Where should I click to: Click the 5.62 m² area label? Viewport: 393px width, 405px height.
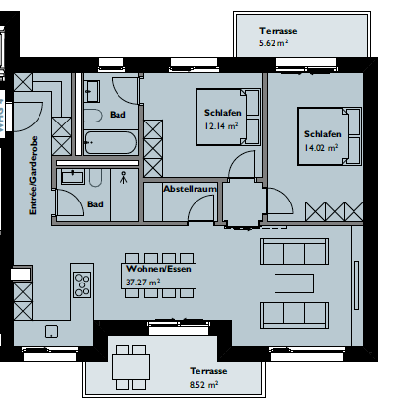274,43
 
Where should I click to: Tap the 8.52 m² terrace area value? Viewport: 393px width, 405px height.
204,384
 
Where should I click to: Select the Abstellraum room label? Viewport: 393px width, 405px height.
191,189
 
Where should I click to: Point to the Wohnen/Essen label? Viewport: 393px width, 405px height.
159,269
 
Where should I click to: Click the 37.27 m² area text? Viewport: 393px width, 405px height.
143,283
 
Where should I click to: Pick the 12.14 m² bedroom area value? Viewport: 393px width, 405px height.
221,126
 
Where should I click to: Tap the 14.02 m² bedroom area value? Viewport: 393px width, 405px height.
321,148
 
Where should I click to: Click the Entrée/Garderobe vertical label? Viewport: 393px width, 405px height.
33,176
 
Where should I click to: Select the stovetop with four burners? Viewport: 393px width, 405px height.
82,284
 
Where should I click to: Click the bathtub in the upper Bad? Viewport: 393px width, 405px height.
111,143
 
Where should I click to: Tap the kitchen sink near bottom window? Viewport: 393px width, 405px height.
51,331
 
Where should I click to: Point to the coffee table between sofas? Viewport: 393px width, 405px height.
294,283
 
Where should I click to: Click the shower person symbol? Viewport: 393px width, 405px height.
123,177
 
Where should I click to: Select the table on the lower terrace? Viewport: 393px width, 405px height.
130,366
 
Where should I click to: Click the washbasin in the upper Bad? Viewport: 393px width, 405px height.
92,91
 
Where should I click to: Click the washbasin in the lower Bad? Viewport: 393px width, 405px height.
72,176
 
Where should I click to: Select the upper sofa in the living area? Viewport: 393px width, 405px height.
294,252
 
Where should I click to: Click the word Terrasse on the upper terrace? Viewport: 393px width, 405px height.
278,31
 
